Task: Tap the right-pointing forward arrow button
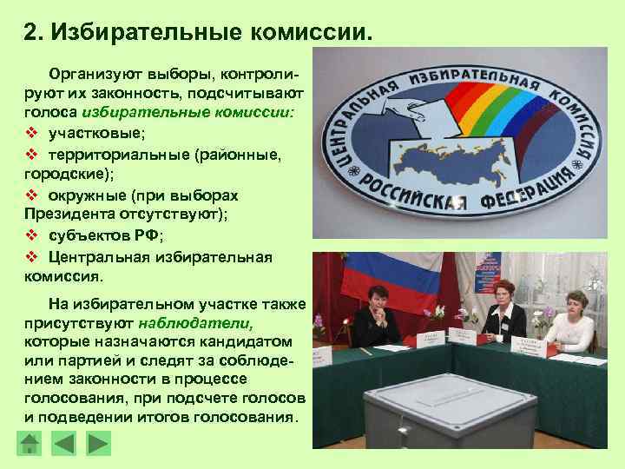[x=99, y=444]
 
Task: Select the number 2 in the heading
[x=30, y=32]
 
